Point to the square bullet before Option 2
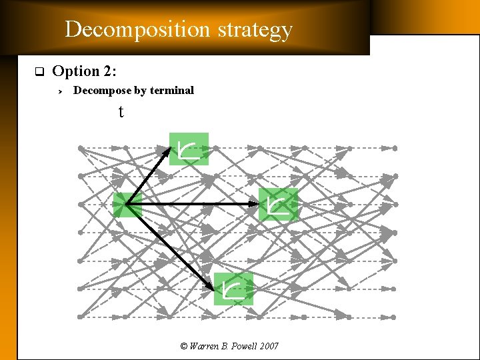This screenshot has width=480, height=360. tap(39, 71)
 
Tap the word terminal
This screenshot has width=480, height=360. tap(171, 91)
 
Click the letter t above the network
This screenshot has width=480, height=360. tap(121, 112)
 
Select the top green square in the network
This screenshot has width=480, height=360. tap(189, 149)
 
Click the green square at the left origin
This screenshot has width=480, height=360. tap(127, 205)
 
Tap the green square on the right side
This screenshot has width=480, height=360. tap(278, 205)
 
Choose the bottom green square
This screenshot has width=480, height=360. tap(233, 289)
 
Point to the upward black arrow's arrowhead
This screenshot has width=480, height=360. tap(167, 150)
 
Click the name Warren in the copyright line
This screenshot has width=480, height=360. tap(204, 346)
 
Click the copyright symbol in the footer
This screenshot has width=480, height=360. tap(184, 346)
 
